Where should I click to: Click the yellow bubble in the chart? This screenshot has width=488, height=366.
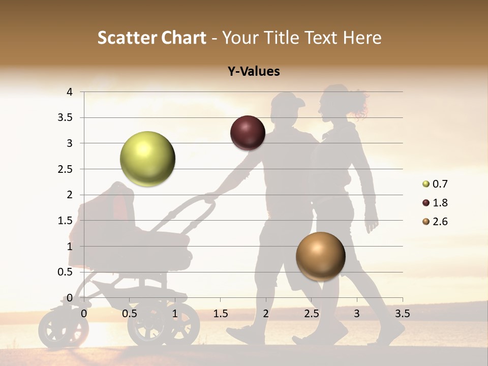[147, 159]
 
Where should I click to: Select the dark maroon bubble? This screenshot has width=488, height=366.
[248, 133]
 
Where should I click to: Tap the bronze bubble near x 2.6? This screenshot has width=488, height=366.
[320, 256]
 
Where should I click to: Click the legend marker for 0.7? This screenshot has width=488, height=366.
[426, 184]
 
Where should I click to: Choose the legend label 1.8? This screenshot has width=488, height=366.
[440, 203]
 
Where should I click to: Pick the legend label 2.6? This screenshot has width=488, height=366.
[440, 222]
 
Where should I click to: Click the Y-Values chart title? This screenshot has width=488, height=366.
[254, 72]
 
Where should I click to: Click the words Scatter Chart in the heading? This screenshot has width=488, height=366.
[151, 38]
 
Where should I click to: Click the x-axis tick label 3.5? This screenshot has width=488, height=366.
[402, 314]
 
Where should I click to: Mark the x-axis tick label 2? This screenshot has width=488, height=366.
[266, 314]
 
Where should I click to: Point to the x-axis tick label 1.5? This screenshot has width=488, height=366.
[220, 314]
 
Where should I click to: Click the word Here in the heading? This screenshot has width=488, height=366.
[361, 38]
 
